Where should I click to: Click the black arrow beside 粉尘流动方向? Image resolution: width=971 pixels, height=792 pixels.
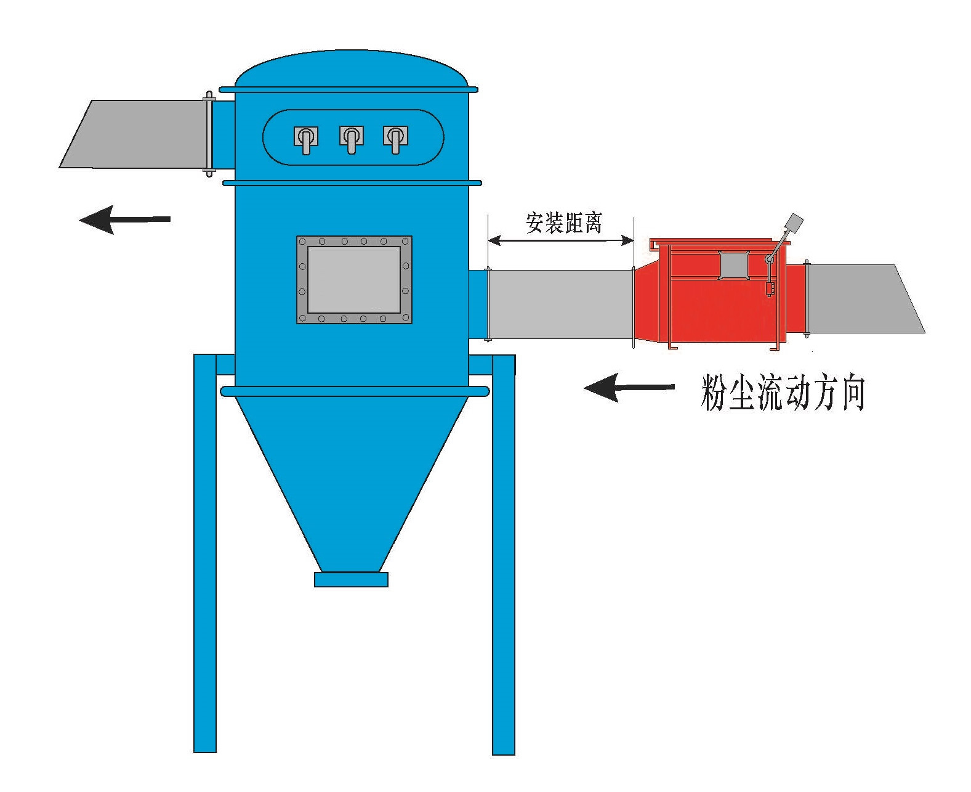(x=628, y=388)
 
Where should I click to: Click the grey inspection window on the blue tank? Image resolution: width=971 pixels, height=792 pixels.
(x=353, y=280)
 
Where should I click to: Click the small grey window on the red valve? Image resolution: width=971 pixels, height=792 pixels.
(x=733, y=265)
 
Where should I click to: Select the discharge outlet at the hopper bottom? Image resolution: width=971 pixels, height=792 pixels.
(x=351, y=579)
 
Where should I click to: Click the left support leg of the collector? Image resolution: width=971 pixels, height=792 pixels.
(x=205, y=555)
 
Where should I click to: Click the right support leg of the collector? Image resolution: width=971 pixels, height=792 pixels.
(x=503, y=555)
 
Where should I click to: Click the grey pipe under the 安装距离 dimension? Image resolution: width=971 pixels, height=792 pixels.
(x=560, y=304)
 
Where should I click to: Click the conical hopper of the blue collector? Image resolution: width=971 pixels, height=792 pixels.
(x=351, y=468)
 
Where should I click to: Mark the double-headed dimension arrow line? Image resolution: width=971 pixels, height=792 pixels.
(x=560, y=240)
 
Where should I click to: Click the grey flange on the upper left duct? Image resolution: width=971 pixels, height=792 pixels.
(x=209, y=134)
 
